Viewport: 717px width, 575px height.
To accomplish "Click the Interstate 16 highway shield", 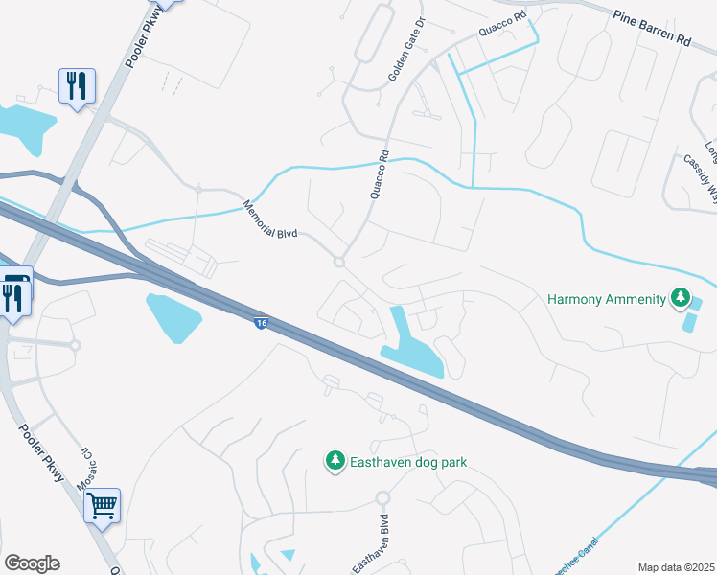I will pos(261,324).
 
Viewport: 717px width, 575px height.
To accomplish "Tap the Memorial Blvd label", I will pos(271,219).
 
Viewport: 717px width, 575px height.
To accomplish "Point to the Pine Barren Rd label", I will pos(651,29).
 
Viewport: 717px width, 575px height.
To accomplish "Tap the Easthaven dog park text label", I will pos(408,462).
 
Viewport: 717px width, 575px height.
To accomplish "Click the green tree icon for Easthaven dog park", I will pos(335,462).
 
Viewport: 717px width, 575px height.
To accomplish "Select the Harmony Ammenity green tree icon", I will pos(681,299).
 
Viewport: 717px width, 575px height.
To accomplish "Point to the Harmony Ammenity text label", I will pos(606,299).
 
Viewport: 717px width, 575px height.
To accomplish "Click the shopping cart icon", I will pos(103,504).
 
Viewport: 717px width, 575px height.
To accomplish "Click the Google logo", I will pos(32,563).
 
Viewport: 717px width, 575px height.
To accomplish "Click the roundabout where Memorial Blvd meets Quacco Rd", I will pos(338,262).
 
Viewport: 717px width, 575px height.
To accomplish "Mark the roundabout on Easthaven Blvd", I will pos(383,498).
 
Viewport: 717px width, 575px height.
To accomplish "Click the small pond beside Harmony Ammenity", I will pos(694,314).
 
